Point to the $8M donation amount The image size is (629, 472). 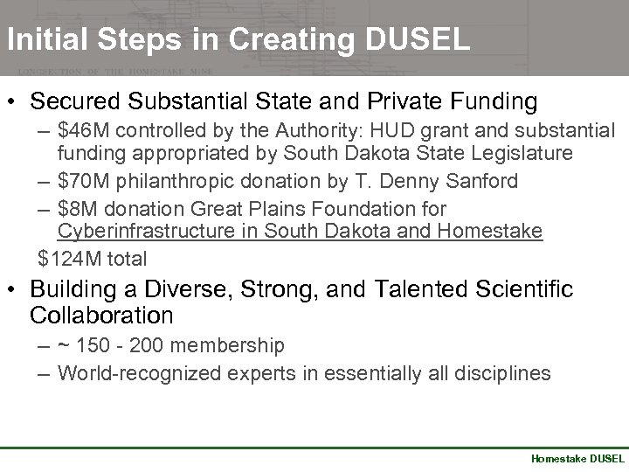coord(76,209)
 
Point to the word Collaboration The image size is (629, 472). coord(101,315)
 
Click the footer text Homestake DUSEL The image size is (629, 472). coord(577,458)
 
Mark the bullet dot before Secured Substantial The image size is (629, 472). coord(14,102)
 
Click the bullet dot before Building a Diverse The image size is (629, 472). coord(14,289)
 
